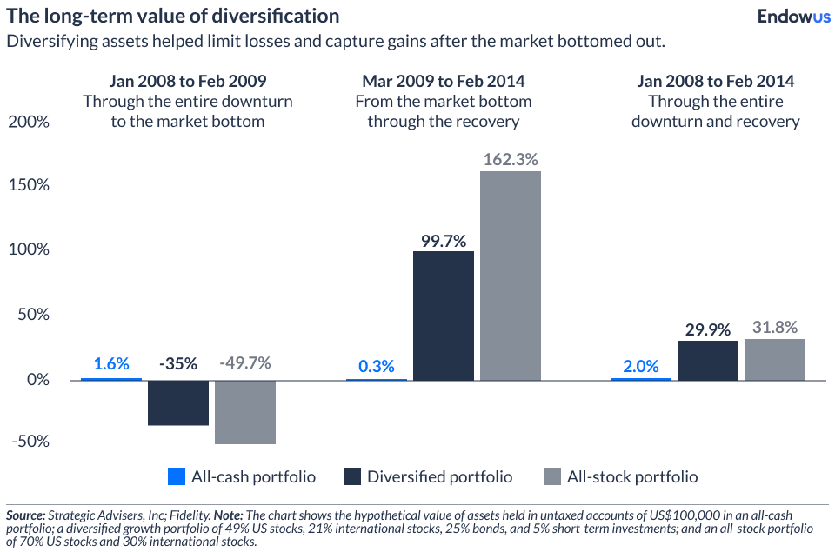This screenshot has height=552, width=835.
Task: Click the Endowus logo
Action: click(794, 16)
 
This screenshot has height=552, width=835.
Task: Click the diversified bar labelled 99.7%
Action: click(444, 316)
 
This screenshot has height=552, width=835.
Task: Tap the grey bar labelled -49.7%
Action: click(245, 412)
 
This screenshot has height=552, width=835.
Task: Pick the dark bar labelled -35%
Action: click(178, 402)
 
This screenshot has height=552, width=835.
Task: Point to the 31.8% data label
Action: click(775, 328)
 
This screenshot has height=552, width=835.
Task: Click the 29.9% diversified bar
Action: click(708, 360)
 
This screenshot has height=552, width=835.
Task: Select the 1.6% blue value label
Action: click(110, 363)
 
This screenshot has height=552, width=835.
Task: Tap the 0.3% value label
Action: click(377, 366)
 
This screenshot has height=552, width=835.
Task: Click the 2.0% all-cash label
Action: click(641, 366)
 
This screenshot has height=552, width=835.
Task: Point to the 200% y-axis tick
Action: click(28, 122)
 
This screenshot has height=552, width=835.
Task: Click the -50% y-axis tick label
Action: click(30, 442)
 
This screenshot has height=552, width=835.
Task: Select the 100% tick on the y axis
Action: click(28, 250)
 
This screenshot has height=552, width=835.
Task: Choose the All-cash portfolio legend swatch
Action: click(177, 476)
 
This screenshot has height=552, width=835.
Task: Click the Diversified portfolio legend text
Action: click(439, 476)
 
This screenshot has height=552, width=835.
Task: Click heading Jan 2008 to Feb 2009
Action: click(187, 82)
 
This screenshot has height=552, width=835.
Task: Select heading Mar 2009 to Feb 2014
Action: click(444, 82)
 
